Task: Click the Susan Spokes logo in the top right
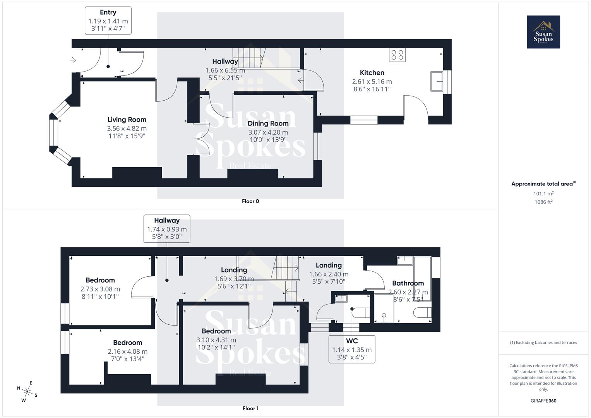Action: click(543, 32)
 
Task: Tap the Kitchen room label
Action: click(372, 72)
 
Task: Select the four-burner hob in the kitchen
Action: click(397, 55)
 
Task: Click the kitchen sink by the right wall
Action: click(437, 81)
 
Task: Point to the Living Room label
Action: click(127, 120)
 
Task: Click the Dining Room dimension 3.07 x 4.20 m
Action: click(268, 132)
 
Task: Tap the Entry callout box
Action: click(108, 21)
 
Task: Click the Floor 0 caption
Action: click(250, 201)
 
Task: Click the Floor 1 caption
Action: click(250, 408)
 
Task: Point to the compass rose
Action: click(27, 391)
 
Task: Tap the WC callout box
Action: click(352, 349)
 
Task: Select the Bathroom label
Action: click(408, 283)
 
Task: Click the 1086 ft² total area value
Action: click(543, 202)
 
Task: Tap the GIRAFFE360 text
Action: click(543, 401)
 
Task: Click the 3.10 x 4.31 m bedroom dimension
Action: click(216, 340)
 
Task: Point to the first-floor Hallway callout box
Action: click(167, 229)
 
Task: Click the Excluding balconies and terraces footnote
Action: click(543, 343)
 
